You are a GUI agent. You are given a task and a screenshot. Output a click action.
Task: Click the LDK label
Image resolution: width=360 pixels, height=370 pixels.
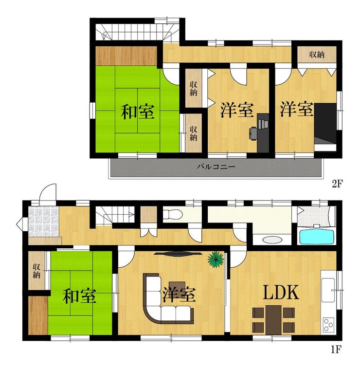(281, 293)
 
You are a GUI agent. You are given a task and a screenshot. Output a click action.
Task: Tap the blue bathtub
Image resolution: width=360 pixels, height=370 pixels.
(317, 236)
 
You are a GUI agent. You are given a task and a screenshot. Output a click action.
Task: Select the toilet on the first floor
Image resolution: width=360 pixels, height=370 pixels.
(173, 214)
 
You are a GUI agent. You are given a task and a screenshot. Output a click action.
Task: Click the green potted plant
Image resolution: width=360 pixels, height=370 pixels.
(216, 259)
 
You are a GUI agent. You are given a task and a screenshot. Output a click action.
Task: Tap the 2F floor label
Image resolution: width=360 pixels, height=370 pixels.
(337, 184)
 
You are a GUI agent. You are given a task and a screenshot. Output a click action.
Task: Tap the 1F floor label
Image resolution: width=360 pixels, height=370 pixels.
(336, 350)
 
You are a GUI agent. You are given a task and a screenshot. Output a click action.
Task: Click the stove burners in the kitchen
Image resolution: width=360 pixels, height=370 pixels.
(328, 325)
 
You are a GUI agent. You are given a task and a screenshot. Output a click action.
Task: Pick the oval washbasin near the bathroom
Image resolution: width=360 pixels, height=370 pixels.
(272, 240)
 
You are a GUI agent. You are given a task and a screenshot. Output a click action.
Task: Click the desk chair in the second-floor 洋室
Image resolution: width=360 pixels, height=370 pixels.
(253, 133)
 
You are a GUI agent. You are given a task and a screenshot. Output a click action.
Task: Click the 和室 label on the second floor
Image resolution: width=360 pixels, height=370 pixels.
(138, 112)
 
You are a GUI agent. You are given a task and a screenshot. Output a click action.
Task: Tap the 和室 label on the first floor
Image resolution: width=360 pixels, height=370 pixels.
(79, 296)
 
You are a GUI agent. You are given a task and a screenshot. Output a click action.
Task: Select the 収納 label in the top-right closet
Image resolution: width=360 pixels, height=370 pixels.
(317, 55)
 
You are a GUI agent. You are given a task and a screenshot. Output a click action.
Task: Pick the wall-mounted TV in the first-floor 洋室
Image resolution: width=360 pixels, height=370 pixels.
(178, 254)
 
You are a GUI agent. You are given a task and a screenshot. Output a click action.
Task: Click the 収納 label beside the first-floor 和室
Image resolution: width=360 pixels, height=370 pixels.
(36, 271)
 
